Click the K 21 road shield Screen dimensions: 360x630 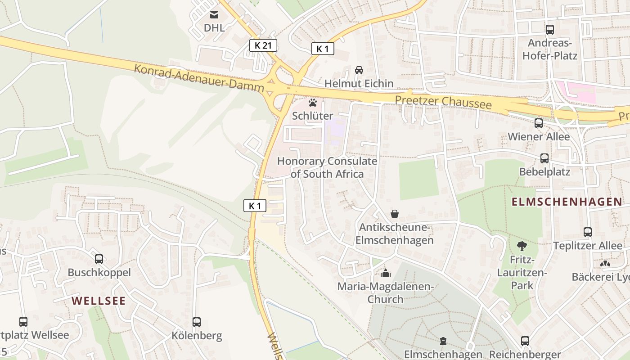pos(263,45)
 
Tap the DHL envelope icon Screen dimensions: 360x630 pos(214,15)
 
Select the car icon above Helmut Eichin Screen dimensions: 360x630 pos(359,70)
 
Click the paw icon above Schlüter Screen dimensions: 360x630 pos(313,103)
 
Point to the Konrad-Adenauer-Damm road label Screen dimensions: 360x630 pos(199,78)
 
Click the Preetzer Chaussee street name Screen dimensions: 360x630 pos(443,102)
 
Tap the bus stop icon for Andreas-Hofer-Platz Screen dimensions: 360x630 pos(550,30)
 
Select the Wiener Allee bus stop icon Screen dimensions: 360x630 pos(539,123)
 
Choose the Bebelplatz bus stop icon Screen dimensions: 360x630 pos(544,158)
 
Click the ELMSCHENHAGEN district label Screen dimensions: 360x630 pos(567,202)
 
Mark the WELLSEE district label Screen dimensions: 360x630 pos(99,301)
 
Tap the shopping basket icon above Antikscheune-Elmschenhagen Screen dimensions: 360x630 pos(395,214)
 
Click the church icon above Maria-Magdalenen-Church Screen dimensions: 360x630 pos(386,273)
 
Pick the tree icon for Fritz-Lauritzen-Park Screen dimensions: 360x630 pos(522,246)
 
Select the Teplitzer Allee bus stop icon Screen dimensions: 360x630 pos(588,232)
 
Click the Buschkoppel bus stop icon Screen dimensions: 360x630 pos(99,259)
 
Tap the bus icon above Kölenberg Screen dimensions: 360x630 pos(197,322)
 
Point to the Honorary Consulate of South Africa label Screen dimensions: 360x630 pos(327,167)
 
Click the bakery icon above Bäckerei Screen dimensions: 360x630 pos(605,263)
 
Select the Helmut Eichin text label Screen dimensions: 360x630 pos(359,84)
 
